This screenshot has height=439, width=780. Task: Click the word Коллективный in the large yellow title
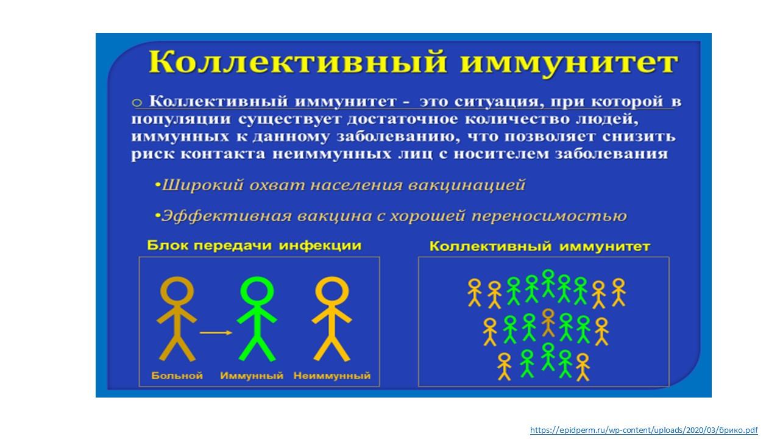[x=298, y=62]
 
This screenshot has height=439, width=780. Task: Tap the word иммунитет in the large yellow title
[x=569, y=63]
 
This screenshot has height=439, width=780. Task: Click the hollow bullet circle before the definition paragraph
[x=137, y=103]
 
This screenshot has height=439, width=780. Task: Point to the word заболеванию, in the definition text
[x=398, y=136]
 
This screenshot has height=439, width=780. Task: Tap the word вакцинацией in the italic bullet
[x=467, y=185]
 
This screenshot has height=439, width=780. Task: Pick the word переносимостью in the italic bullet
[x=549, y=216]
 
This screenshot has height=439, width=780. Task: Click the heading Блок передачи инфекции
[x=254, y=246]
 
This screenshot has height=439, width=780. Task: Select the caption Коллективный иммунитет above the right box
[x=540, y=246]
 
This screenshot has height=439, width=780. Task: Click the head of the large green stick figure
[x=257, y=291]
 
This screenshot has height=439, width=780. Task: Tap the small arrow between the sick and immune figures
[x=216, y=333]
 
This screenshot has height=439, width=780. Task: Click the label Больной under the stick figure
[x=177, y=376]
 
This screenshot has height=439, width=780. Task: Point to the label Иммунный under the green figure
[x=252, y=376]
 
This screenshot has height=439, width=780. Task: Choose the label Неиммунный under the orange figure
[x=332, y=376]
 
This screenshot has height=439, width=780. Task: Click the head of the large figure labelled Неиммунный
[x=332, y=291]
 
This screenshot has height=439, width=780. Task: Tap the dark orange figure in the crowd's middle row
[x=548, y=323]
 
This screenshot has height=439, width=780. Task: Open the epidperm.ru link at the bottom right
[x=644, y=430]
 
